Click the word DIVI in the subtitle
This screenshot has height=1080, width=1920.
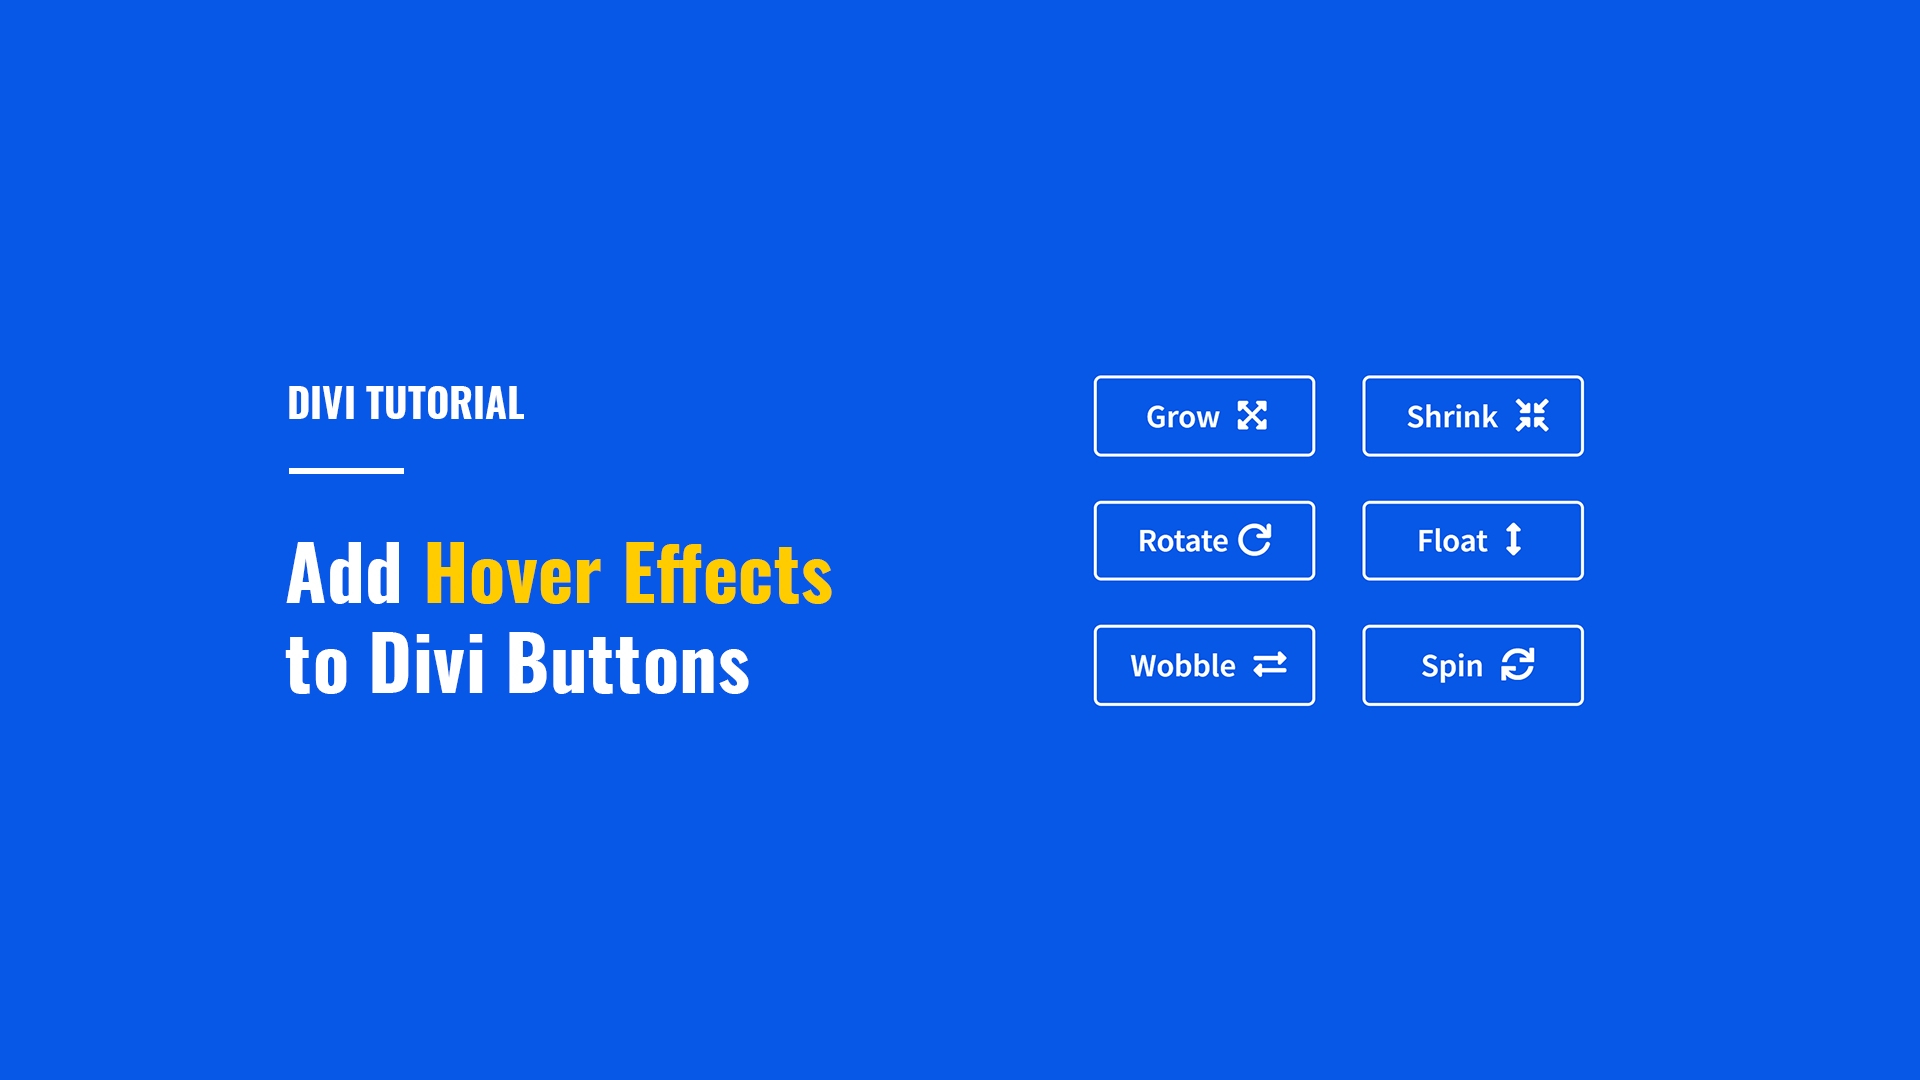click(x=321, y=404)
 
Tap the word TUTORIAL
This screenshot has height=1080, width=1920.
click(x=445, y=404)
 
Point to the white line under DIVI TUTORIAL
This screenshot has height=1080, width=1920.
click(x=346, y=470)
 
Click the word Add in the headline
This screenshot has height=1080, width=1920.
click(x=344, y=574)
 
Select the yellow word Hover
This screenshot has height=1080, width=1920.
click(x=513, y=574)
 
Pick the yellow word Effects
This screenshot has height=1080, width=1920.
click(x=728, y=574)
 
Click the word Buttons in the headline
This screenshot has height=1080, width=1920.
click(x=628, y=663)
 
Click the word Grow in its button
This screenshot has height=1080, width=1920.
click(x=1183, y=417)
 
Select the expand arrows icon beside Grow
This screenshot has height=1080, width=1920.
click(x=1252, y=416)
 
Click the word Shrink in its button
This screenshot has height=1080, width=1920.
click(x=1452, y=417)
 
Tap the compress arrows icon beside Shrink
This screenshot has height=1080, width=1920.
click(x=1532, y=416)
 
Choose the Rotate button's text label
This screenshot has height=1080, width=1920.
click(x=1183, y=541)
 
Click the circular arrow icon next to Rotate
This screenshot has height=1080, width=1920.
click(x=1255, y=540)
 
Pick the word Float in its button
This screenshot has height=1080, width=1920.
click(x=1452, y=541)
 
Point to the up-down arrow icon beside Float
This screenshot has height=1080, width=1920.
click(x=1514, y=540)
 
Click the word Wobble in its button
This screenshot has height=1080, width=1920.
click(x=1183, y=666)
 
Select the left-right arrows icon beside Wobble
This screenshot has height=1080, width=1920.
click(x=1270, y=665)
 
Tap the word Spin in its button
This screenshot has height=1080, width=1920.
click(x=1452, y=666)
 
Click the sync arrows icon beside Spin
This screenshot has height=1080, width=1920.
click(x=1518, y=665)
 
